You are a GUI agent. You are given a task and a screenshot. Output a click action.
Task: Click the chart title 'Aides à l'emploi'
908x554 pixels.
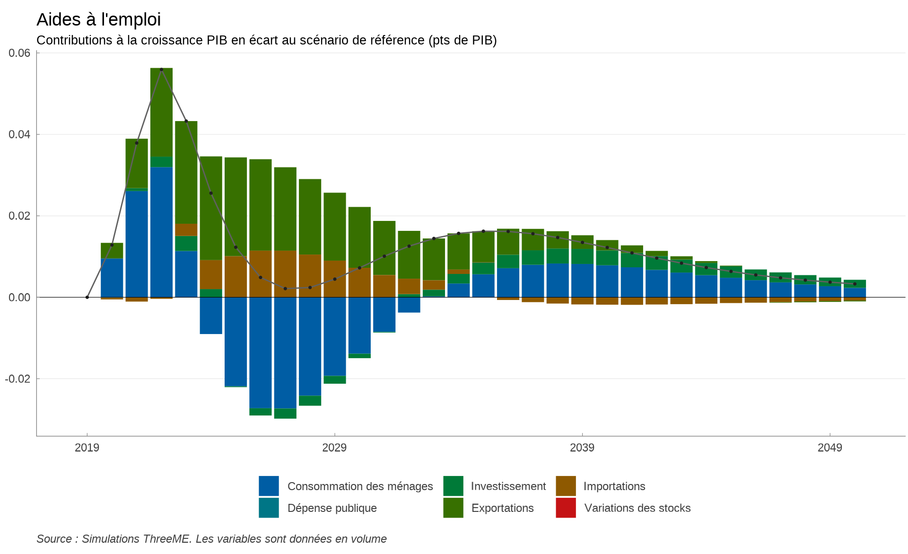point(98,20)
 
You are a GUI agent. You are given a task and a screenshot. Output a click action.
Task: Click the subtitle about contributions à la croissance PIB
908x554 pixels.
point(266,40)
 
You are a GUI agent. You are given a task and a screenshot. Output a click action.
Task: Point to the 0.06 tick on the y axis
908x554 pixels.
point(19,53)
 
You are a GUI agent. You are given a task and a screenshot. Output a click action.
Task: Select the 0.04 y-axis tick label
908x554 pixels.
point(19,134)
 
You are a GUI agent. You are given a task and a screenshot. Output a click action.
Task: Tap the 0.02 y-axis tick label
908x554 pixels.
point(19,216)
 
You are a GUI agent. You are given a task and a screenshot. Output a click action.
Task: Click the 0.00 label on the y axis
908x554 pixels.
point(19,297)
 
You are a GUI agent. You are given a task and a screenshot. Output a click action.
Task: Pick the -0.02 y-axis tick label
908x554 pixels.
point(17,379)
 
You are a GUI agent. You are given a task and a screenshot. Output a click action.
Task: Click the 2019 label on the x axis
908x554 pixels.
point(87,448)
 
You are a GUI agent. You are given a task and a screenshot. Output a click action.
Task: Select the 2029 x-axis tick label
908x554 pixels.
point(334,448)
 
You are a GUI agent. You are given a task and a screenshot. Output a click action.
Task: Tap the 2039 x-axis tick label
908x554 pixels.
point(582,448)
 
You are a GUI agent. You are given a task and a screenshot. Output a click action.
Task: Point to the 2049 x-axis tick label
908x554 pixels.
point(829,448)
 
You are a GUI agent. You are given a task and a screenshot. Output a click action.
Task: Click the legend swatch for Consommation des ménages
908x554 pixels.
point(269,486)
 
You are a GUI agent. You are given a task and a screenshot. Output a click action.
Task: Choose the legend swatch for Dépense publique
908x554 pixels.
point(269,508)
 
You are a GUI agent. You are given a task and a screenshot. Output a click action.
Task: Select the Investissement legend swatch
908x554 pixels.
point(453,486)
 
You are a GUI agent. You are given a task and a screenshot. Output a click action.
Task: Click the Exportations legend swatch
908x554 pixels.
point(453,508)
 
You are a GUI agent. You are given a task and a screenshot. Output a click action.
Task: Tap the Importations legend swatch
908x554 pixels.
point(566,486)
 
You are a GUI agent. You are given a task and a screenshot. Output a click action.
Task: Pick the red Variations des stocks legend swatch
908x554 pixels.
point(566,508)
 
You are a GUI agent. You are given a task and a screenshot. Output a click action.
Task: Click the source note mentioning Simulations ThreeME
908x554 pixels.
point(211,539)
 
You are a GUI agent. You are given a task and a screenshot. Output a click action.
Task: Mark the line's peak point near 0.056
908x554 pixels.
point(161,70)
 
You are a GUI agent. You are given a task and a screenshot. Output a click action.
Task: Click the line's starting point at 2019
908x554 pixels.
point(87,297)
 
